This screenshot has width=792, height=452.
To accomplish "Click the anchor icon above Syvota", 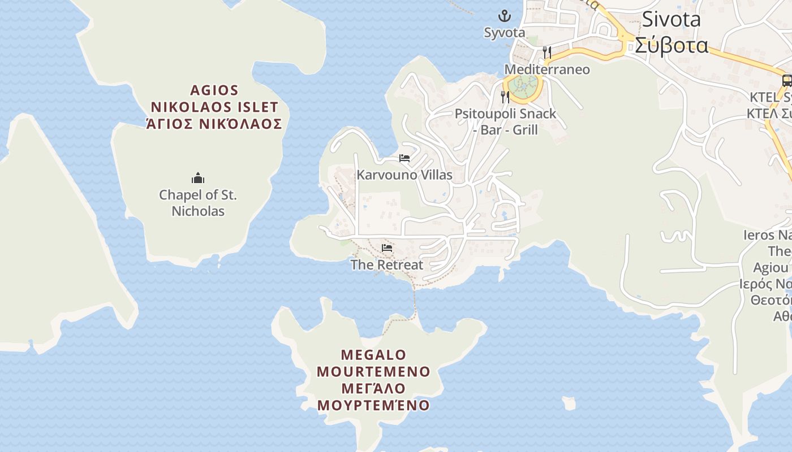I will (504, 16).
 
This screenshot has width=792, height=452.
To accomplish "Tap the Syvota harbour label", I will (505, 33).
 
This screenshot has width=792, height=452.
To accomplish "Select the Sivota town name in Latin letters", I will (671, 19).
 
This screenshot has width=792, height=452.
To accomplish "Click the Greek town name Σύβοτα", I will (671, 44).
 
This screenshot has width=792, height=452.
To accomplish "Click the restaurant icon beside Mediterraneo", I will (546, 53).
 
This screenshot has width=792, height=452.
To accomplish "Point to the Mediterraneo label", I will (546, 69).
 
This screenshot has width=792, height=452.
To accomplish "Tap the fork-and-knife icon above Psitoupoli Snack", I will (505, 97).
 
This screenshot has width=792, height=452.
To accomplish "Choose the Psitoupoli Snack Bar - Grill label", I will (505, 121).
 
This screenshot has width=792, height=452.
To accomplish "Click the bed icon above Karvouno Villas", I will (404, 158).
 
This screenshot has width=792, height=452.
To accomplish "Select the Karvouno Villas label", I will (404, 175).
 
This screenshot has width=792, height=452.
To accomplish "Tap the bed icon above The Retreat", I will (387, 247).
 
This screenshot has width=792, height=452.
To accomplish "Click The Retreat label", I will (387, 264).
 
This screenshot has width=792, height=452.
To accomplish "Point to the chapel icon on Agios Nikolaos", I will (198, 179).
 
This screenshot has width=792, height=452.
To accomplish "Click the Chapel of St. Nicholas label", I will (198, 203).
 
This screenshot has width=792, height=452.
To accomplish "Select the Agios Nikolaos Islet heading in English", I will (214, 99).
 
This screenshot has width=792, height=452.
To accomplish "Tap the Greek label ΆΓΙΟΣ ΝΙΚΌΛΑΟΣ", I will (214, 124).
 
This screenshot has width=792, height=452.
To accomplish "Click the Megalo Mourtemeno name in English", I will (373, 363).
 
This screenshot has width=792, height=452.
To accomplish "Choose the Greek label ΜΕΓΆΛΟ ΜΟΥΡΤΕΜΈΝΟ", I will (373, 397).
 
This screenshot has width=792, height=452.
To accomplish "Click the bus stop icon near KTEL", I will (787, 80).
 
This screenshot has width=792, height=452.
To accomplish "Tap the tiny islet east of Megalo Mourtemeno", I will (569, 403).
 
